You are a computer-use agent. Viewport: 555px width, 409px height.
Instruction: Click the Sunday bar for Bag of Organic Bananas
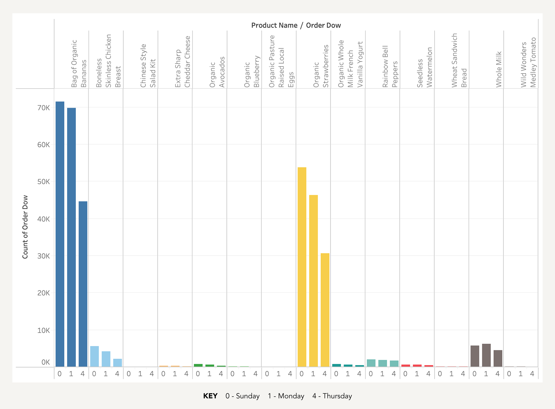[x=60, y=234]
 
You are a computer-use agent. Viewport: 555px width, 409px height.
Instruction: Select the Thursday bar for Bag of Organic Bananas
[x=83, y=284]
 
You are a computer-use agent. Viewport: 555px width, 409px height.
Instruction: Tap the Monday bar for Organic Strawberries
[x=313, y=281]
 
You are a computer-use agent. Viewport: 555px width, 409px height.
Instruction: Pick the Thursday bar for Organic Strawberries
[x=325, y=310]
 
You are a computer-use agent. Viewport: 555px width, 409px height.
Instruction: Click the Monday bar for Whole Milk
[x=486, y=355]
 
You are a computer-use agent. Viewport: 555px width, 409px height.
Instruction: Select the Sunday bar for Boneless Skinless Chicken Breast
[x=95, y=356]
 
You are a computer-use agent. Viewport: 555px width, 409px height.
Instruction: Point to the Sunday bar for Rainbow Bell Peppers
[x=371, y=363]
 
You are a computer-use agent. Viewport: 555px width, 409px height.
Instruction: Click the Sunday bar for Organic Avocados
[x=198, y=365]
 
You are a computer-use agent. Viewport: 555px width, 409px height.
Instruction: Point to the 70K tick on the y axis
[x=44, y=108]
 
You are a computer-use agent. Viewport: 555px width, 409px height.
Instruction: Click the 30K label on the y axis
[x=44, y=256]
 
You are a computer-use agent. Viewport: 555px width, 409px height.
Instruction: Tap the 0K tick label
[x=46, y=362]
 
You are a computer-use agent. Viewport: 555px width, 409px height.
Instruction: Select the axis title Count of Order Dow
[x=25, y=227]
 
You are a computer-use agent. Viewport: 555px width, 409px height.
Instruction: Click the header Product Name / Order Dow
[x=296, y=25]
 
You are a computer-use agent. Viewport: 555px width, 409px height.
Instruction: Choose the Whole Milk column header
[x=499, y=69]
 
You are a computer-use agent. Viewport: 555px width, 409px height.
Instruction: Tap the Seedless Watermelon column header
[x=424, y=67]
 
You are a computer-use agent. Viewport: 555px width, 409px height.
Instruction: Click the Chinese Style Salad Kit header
[x=148, y=66]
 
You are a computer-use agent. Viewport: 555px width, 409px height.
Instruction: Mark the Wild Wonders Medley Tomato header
[x=528, y=62]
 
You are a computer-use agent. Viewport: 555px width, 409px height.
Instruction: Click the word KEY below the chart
[x=210, y=396]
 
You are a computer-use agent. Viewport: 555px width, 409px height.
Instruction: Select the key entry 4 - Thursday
[x=332, y=396]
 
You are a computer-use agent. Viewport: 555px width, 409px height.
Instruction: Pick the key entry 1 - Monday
[x=286, y=396]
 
